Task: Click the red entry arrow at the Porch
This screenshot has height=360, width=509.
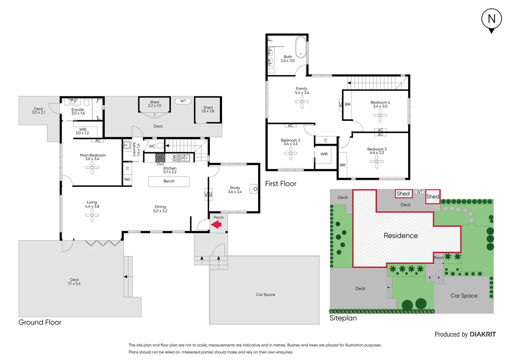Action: coord(217,225)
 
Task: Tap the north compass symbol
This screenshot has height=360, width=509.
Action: coord(491,20)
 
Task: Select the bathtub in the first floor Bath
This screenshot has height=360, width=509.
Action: coord(301,47)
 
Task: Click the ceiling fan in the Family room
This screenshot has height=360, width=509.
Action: coord(302,102)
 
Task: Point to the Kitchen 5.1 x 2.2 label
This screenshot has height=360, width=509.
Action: coord(170,170)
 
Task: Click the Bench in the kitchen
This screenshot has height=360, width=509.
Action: coord(169,181)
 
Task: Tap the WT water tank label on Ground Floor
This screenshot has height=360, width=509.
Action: coord(183,101)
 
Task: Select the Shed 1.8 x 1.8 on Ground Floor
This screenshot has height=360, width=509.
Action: coord(208,110)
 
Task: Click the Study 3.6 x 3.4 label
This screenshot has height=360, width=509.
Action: coord(235,190)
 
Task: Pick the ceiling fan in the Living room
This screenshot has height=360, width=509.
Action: coord(92,216)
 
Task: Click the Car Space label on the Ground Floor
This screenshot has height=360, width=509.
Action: coord(265,295)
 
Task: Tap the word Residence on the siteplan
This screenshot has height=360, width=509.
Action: coord(400,236)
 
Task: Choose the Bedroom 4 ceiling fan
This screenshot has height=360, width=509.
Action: coord(380,116)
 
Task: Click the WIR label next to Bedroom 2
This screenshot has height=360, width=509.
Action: coord(324,154)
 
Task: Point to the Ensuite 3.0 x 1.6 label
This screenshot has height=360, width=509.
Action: coord(78,111)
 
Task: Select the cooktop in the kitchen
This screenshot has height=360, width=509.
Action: coord(160,158)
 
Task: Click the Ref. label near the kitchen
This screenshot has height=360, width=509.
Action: coord(127,179)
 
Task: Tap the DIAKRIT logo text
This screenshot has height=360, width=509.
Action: coord(483,334)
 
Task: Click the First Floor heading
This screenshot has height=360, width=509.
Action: coord(280,184)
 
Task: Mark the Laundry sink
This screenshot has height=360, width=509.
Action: coord(127,145)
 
